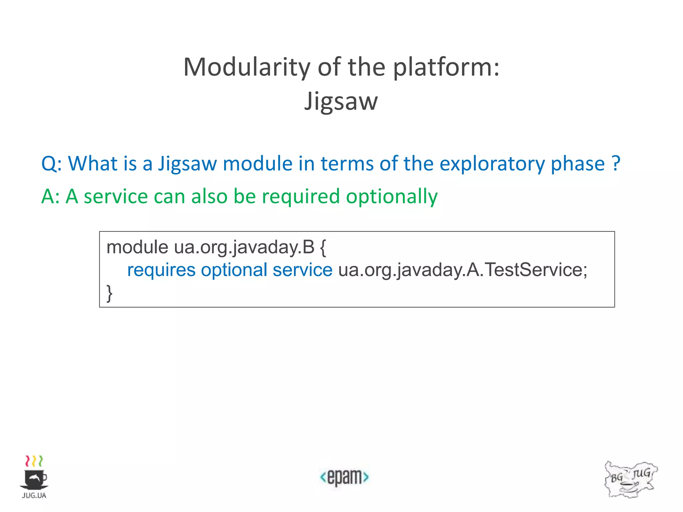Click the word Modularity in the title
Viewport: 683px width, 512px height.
247,67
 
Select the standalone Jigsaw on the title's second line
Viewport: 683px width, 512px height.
341,101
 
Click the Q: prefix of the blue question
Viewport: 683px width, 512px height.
51,164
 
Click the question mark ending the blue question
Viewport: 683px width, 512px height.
616,163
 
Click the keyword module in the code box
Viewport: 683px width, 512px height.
137,247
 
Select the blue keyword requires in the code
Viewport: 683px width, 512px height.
161,270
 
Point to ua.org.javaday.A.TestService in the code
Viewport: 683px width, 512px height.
463,270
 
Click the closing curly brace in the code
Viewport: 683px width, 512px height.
109,293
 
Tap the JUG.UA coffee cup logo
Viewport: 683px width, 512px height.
34,477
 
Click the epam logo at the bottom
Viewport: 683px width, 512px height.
344,477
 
